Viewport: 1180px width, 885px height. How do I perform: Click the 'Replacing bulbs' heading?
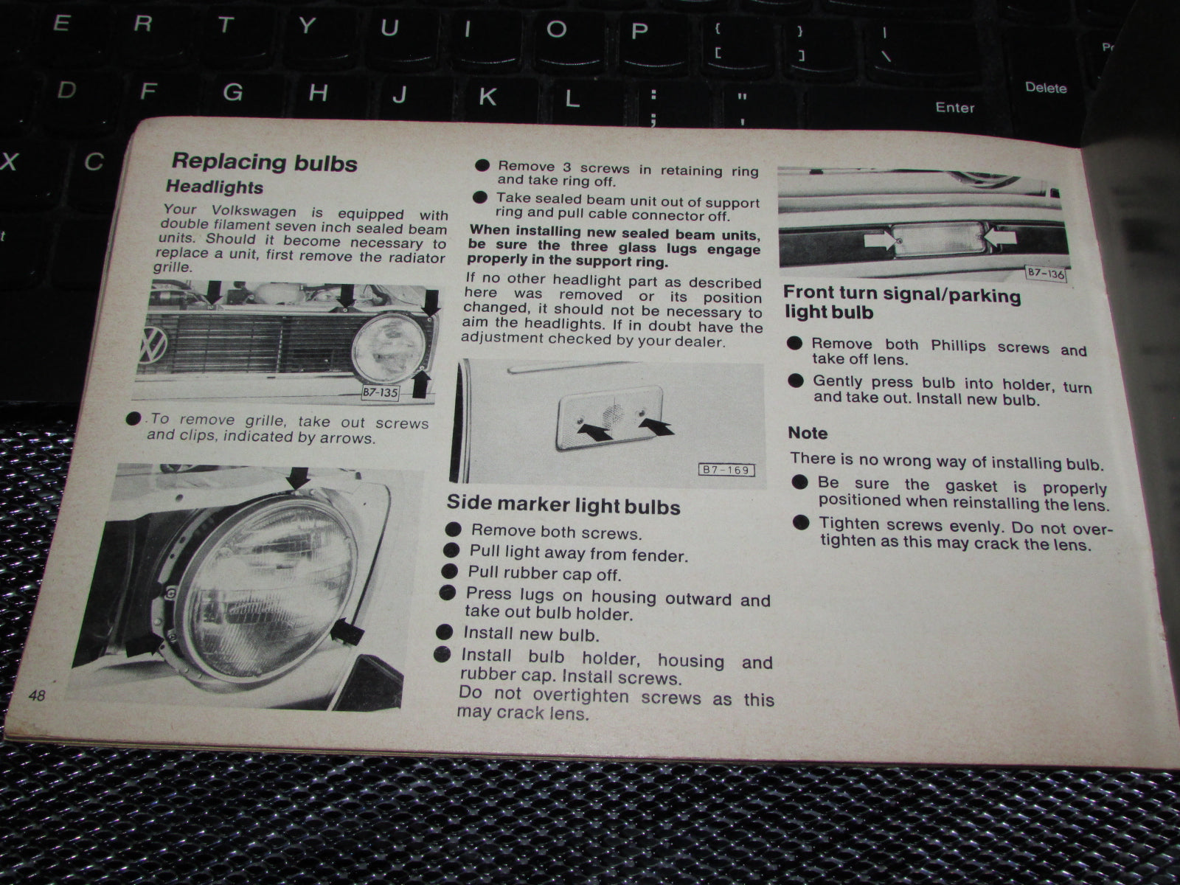(264, 162)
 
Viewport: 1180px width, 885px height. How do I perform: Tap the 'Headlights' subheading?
(215, 187)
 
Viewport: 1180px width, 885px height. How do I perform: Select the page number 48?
(37, 695)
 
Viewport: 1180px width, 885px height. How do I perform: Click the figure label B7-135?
(380, 392)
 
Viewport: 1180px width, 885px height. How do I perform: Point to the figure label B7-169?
(726, 470)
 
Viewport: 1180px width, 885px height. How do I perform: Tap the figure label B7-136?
(1046, 274)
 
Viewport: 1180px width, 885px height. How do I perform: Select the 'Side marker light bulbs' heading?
(563, 504)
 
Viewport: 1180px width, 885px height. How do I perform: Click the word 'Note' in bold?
(808, 433)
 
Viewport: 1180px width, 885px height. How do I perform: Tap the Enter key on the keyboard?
(955, 108)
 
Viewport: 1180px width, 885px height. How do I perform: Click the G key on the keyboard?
(233, 92)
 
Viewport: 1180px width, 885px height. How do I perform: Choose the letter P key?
(639, 31)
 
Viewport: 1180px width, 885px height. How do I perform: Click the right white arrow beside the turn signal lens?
(999, 237)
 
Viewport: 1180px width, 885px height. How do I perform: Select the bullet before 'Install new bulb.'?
(445, 632)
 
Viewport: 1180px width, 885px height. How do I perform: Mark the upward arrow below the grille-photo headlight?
(421, 384)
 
